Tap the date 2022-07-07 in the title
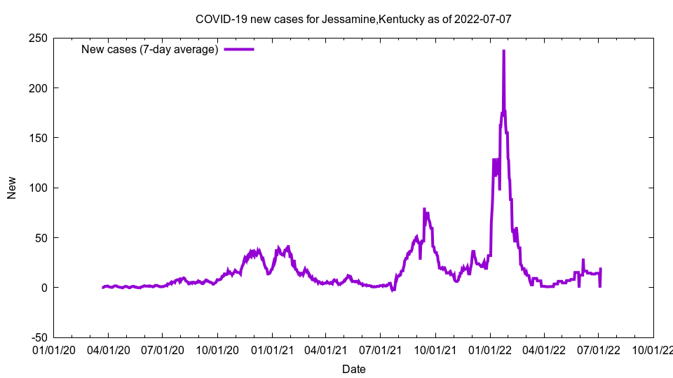point(483,19)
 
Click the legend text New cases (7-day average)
point(150,49)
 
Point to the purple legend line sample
point(238,49)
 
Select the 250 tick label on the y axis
point(38,38)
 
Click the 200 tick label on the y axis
point(38,88)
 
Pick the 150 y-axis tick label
point(38,138)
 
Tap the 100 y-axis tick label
point(38,188)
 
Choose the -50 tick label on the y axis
point(38,337)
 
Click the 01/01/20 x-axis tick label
point(54,348)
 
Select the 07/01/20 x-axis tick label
point(163,348)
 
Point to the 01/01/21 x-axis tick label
point(272,348)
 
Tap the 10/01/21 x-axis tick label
point(435,348)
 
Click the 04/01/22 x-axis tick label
point(544,348)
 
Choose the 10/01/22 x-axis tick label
point(653,348)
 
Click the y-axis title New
point(12,188)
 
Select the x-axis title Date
point(353,369)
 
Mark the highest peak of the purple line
point(503,51)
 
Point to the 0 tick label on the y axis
point(45,288)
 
